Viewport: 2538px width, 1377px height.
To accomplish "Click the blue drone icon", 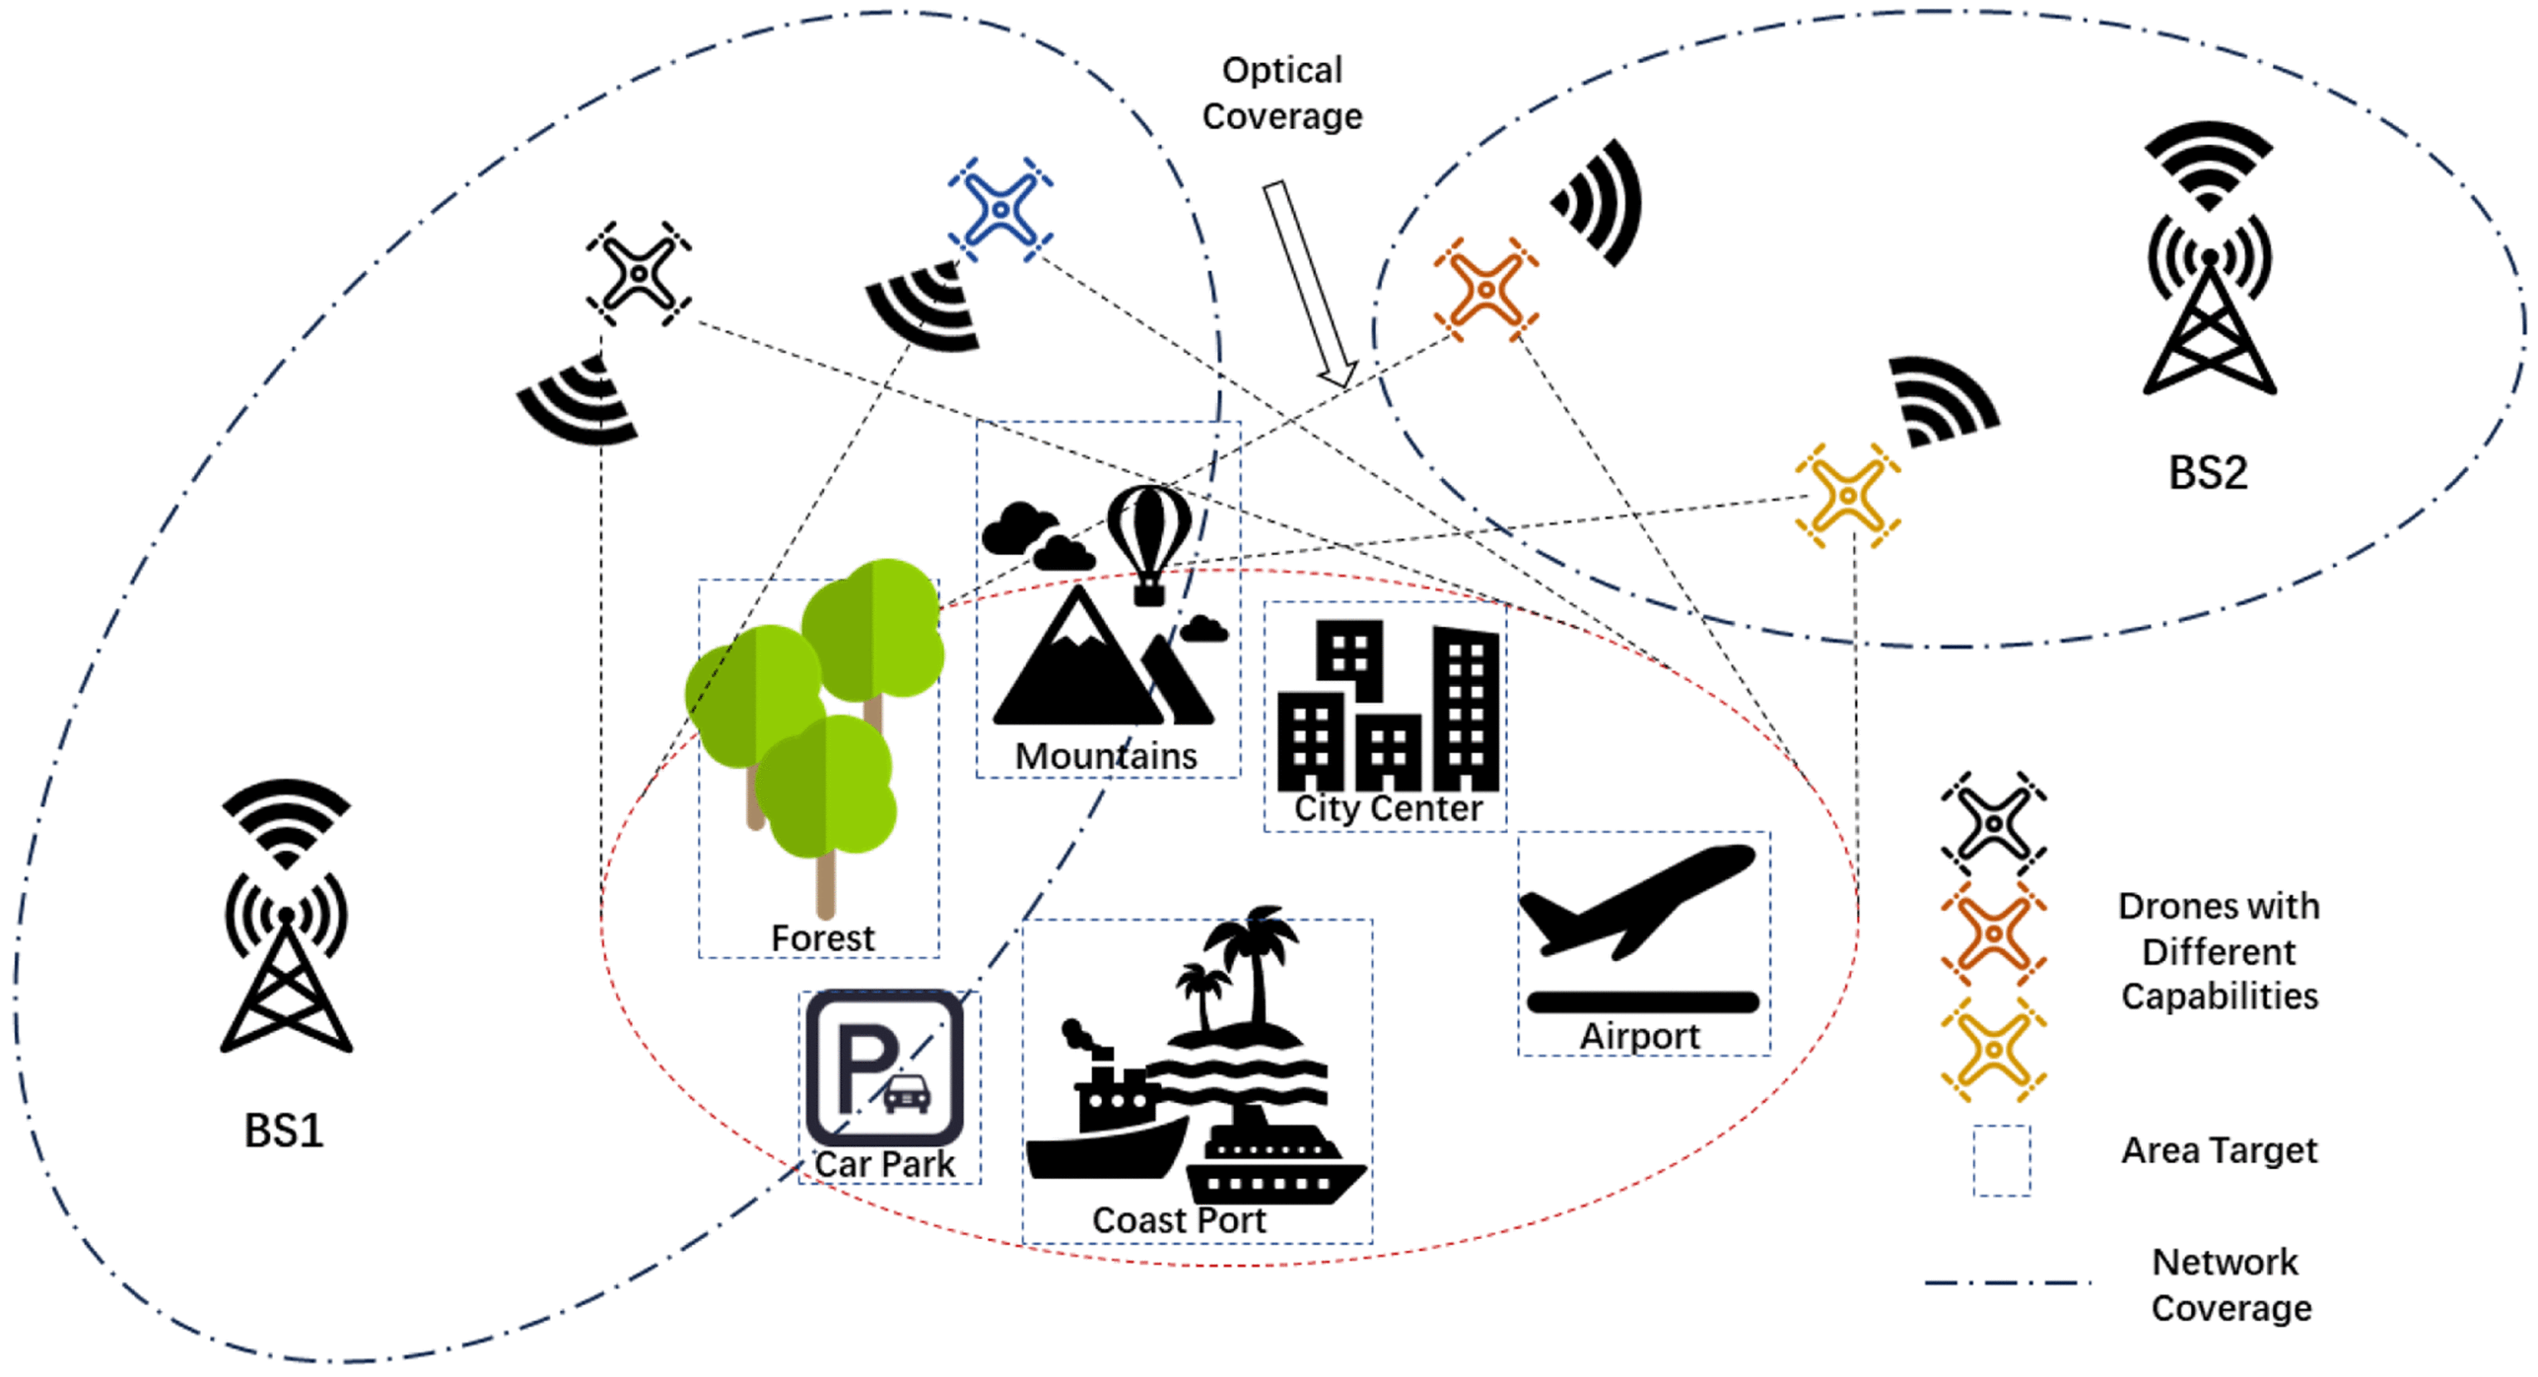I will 1000,210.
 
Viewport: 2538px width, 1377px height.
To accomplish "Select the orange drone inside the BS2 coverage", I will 1486,290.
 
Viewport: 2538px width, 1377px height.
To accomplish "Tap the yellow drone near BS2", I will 1847,496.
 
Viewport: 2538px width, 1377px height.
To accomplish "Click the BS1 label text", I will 284,1130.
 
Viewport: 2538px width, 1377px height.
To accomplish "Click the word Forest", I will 822,938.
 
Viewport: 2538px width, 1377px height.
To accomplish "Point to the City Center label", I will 1387,809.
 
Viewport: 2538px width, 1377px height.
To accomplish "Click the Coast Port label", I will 1179,1220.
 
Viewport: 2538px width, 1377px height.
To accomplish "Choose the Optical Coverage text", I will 1281,94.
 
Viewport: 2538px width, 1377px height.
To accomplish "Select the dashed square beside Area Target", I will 2001,1160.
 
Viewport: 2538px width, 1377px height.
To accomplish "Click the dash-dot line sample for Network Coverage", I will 2008,1283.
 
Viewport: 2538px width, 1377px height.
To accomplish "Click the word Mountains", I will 1105,756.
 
